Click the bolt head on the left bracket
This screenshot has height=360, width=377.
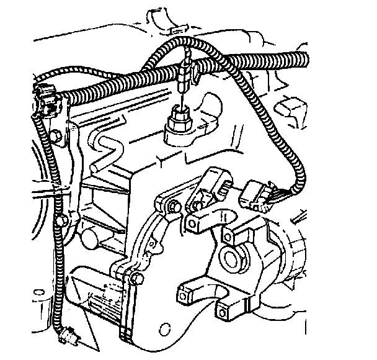point(57,136)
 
